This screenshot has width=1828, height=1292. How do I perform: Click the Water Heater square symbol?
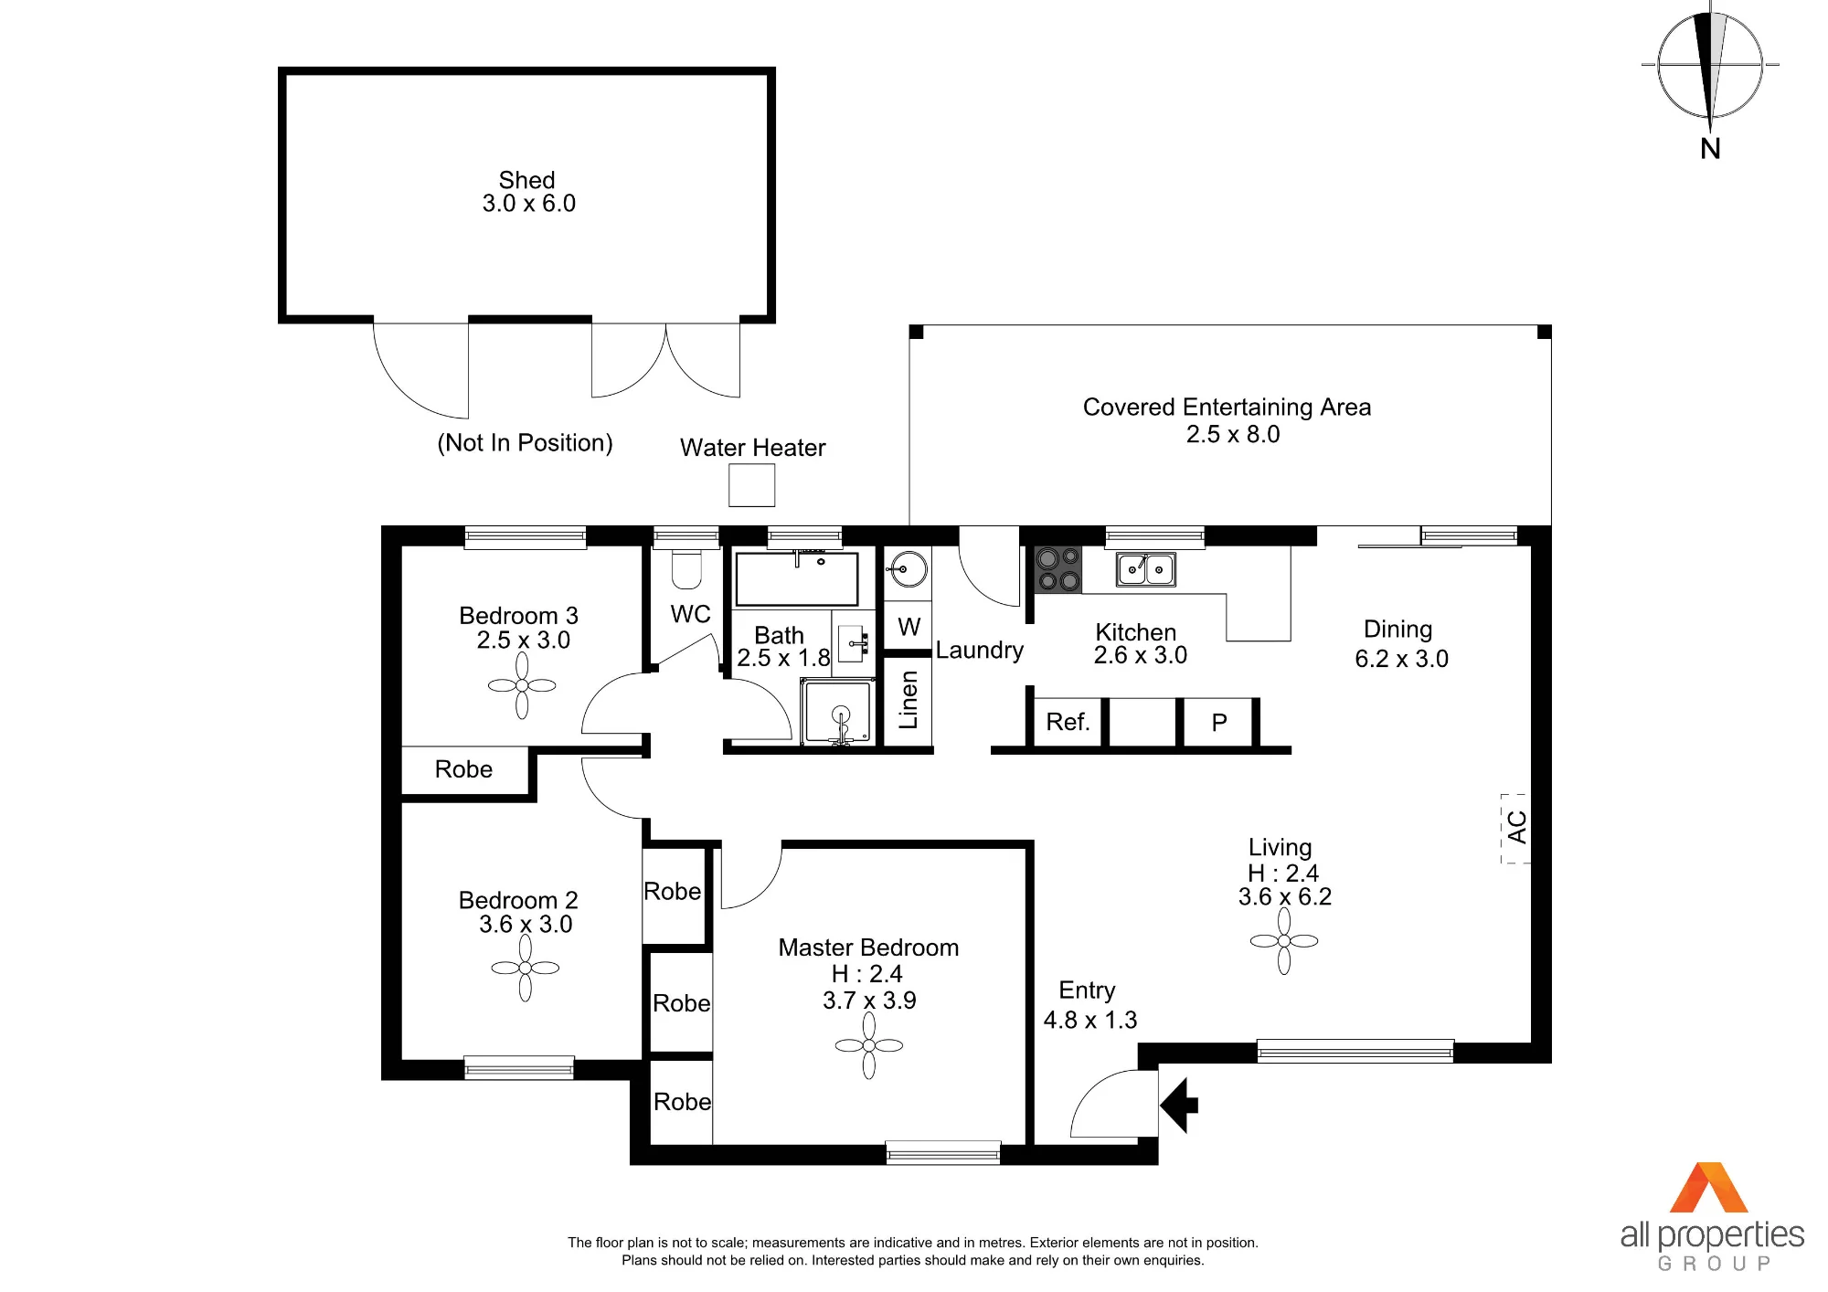point(751,485)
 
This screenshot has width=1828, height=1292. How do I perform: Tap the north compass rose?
point(1710,66)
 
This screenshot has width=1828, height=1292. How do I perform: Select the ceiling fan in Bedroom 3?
point(522,685)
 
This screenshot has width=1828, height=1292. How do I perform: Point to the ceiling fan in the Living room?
point(1284,941)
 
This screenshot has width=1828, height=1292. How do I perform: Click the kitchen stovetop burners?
point(1057,569)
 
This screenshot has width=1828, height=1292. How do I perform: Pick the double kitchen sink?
point(1145,569)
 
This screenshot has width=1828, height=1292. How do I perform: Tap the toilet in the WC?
point(686,569)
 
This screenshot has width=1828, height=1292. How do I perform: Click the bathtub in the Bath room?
point(797,578)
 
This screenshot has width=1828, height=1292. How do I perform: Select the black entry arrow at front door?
point(1179,1106)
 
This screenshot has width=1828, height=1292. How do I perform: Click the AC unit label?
point(1516,828)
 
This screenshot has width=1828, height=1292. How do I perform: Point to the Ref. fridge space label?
point(1068,722)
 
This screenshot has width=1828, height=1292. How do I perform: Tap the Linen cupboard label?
point(908,700)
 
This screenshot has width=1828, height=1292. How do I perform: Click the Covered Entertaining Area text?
point(1227,407)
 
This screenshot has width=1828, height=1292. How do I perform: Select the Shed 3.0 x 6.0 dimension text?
point(528,203)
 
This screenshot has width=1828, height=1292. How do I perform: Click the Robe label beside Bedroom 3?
point(463,769)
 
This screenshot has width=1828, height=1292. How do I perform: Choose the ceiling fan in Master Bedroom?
point(868,1045)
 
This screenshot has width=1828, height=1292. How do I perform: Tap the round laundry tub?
point(907,569)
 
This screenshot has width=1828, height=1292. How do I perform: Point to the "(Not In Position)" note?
point(525,443)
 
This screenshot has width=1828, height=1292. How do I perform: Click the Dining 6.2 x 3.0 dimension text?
point(1401,659)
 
